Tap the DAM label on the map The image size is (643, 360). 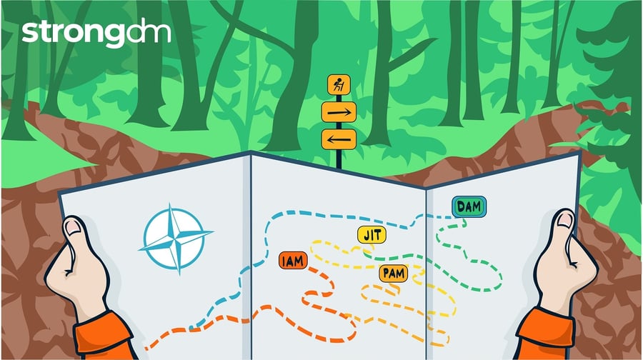(469, 207)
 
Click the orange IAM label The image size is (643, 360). (293, 261)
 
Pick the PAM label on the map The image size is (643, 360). (392, 273)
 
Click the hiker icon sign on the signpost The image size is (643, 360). (338, 85)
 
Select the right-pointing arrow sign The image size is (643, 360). (338, 112)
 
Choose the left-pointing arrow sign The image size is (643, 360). (338, 139)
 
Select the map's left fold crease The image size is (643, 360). (249, 250)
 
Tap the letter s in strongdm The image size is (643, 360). (28, 34)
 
